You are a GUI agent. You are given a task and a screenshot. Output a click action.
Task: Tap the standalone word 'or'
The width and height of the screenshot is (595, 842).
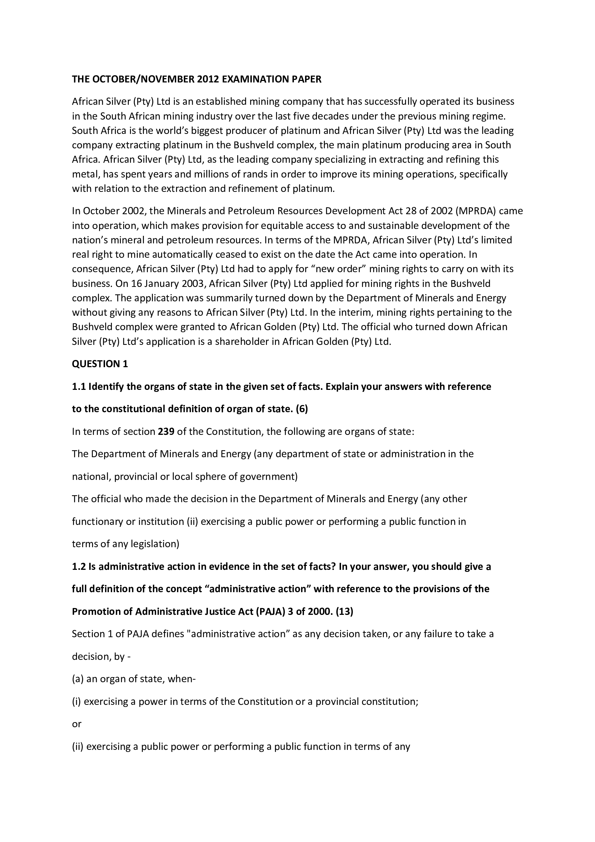[x=77, y=724]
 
